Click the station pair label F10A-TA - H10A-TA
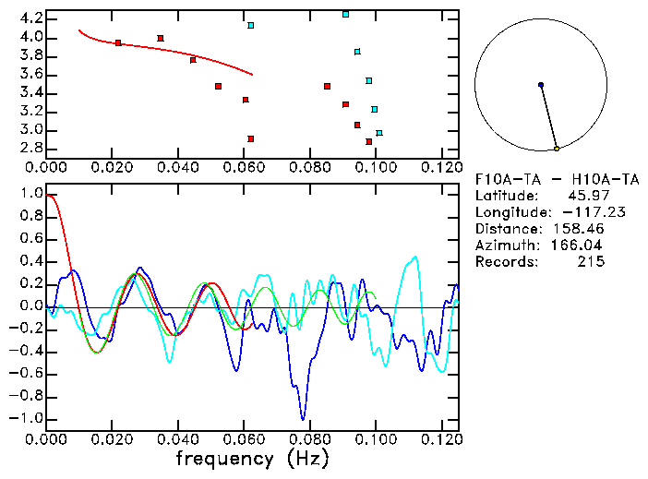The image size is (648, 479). coord(540,179)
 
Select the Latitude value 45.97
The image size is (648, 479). coord(581,196)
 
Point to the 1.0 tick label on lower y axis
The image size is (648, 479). coord(30,194)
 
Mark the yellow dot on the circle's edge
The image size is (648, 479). coord(557,149)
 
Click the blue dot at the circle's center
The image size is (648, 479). coord(541,85)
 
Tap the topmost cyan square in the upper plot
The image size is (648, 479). coord(346,15)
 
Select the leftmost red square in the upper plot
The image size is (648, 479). coord(118,42)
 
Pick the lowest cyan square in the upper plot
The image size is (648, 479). coord(379,133)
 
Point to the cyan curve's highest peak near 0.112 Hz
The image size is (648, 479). coord(415,257)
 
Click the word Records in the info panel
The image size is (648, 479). coord(504,262)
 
